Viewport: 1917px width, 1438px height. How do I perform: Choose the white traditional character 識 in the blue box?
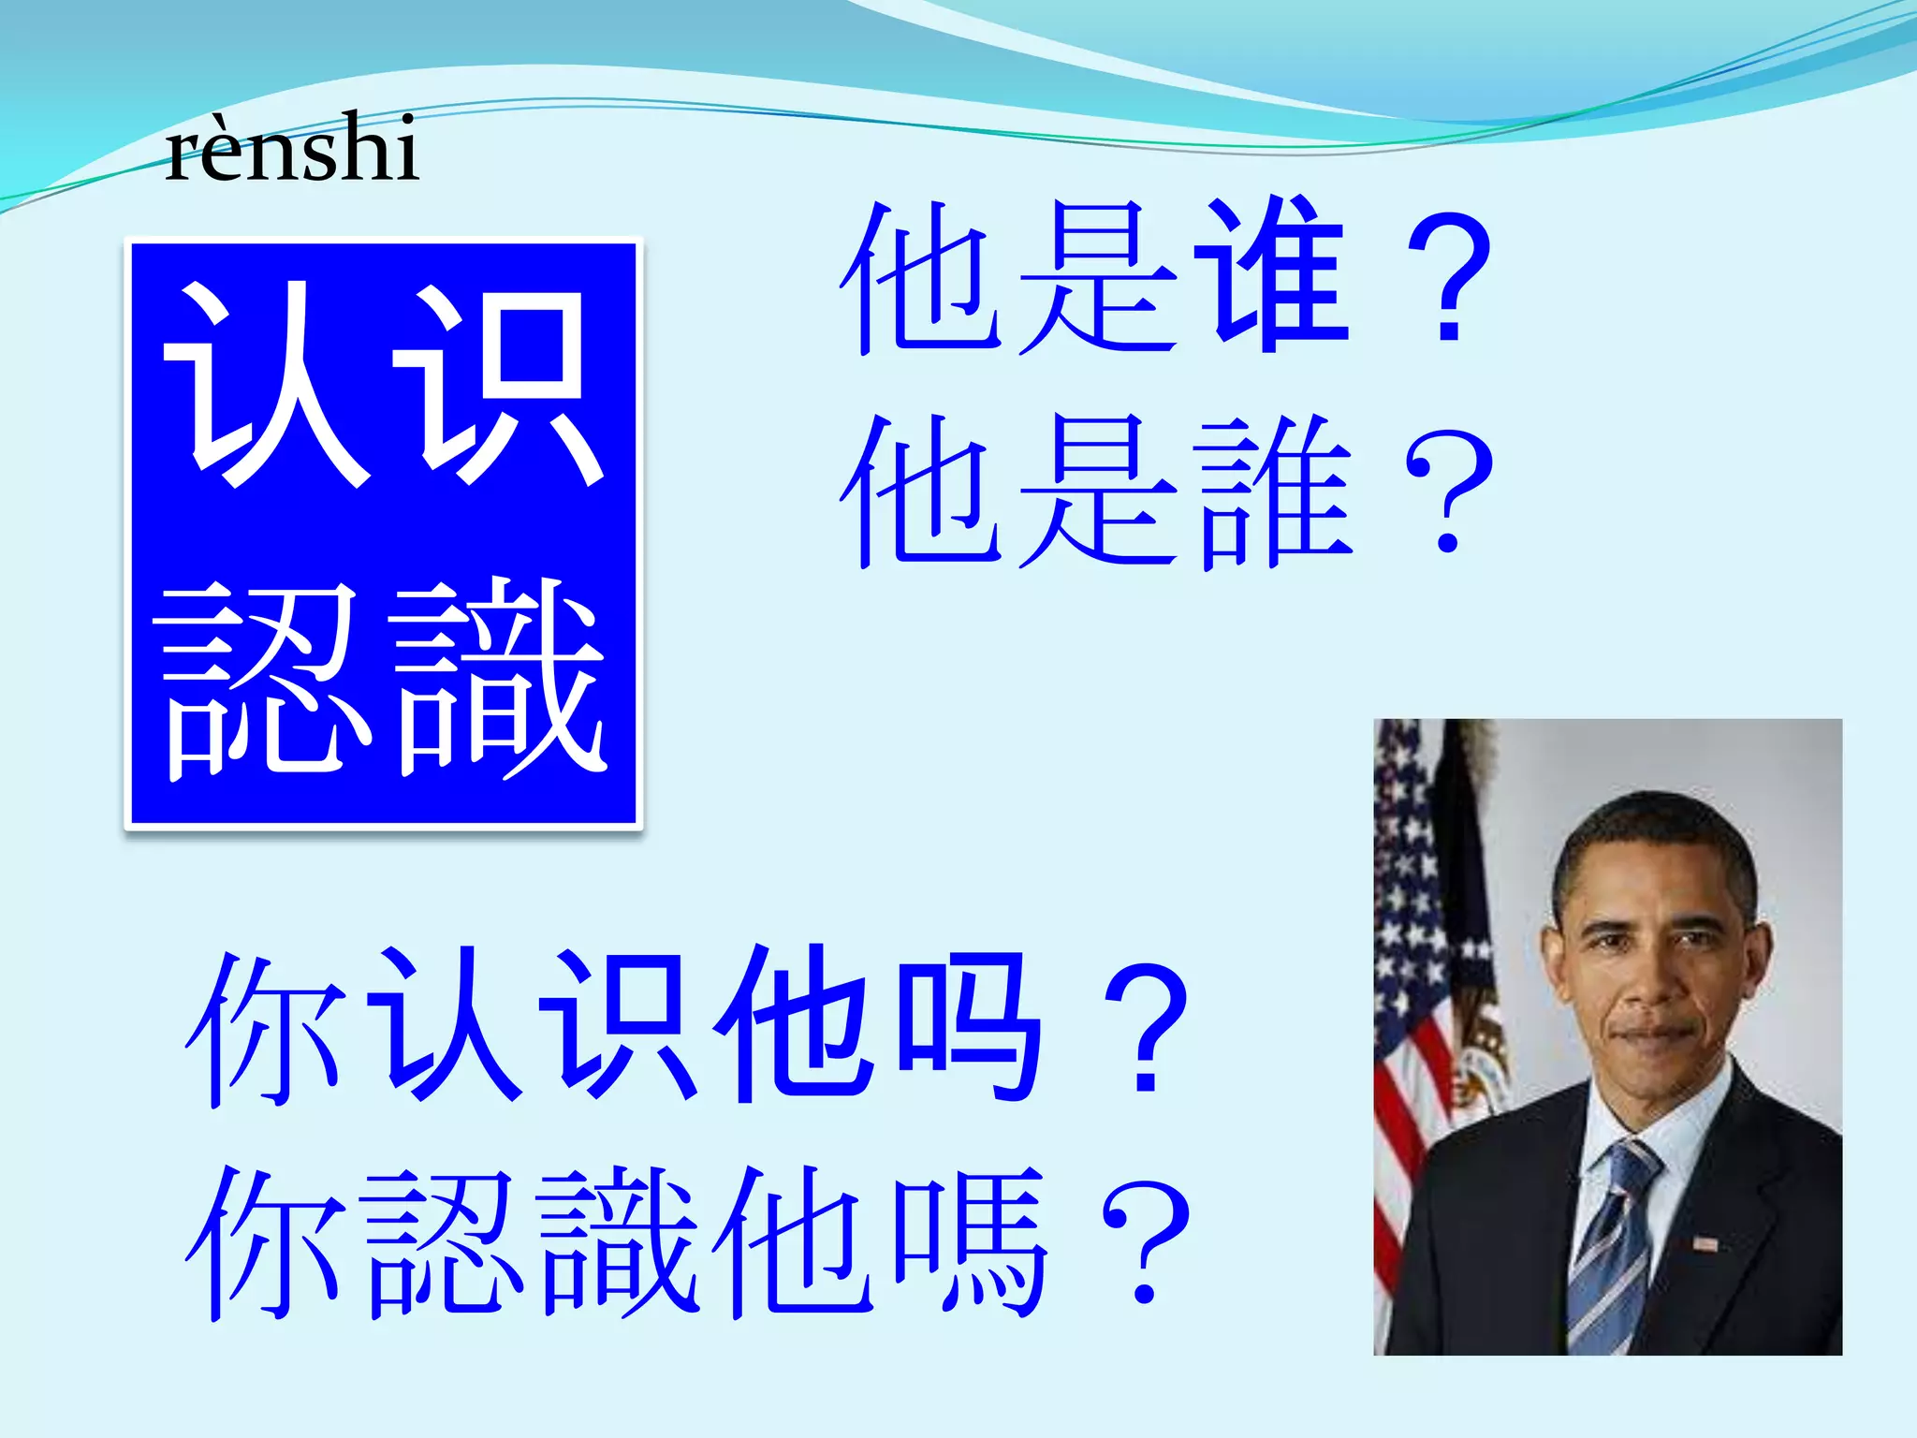point(501,679)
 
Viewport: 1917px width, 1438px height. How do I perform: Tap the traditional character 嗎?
point(969,1240)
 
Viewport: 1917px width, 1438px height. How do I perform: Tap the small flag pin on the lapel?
point(1705,1244)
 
